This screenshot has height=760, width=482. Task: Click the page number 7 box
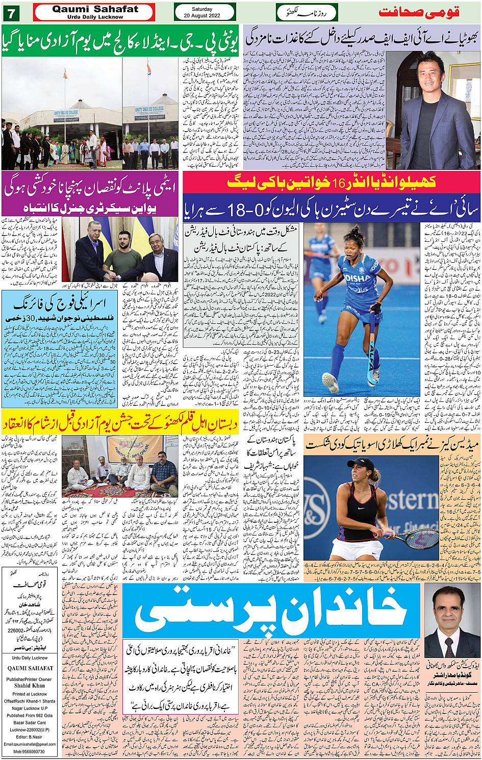[x=11, y=11]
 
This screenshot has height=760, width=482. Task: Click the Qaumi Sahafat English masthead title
[x=95, y=9]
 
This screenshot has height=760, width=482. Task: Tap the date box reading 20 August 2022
[x=205, y=12]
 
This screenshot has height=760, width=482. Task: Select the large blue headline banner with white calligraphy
[x=271, y=610]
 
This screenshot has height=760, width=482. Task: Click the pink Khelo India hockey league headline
[x=332, y=182]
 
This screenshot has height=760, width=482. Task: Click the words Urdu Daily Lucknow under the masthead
[x=95, y=17]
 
